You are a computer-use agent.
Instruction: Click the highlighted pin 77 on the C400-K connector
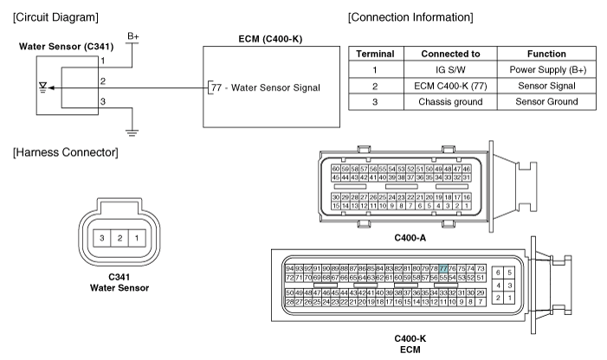tap(443, 268)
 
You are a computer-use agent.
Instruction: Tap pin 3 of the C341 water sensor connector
tap(102, 238)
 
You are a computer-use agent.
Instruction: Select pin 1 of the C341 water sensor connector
tap(137, 238)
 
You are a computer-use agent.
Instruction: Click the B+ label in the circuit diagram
tap(132, 36)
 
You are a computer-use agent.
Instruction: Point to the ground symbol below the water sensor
tap(132, 132)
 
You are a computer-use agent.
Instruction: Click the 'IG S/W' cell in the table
tap(450, 69)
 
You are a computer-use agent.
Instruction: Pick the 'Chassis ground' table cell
tap(450, 102)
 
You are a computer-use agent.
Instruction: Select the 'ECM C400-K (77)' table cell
tap(450, 86)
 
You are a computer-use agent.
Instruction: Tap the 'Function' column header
tap(546, 54)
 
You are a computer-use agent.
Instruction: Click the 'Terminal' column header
tap(376, 54)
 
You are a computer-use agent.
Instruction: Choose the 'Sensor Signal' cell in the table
tap(546, 86)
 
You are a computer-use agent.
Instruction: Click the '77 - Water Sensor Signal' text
tap(266, 87)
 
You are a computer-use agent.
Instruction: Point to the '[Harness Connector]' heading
tap(66, 152)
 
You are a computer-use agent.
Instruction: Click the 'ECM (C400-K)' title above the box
tap(270, 39)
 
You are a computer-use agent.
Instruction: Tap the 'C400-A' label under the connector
tap(410, 238)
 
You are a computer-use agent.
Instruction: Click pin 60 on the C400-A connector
tap(336, 169)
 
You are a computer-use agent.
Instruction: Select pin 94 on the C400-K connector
tap(289, 268)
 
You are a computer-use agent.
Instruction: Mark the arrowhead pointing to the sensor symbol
tap(51, 87)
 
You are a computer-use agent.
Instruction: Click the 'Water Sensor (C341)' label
tap(66, 47)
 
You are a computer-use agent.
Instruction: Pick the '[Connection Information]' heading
tap(410, 17)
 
